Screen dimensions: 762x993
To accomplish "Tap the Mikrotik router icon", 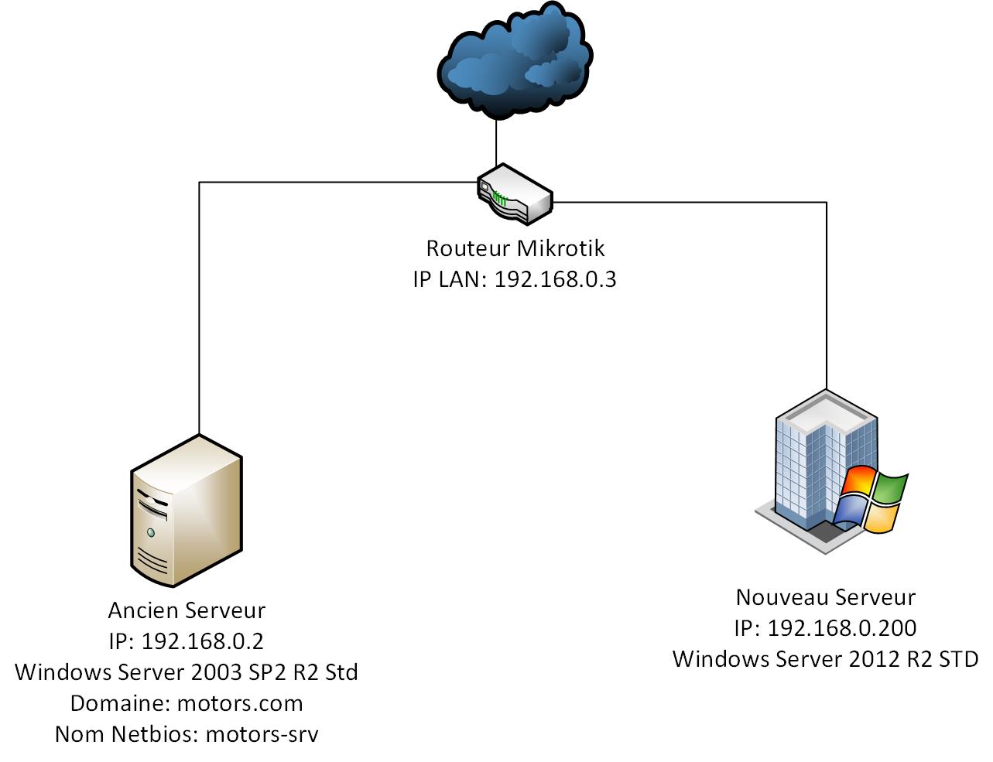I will point(514,193).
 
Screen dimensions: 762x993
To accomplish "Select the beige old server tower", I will point(186,511).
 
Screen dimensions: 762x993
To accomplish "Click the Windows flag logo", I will point(871,500).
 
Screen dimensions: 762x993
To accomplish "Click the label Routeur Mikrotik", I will point(515,248).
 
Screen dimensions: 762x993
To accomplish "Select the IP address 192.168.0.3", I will point(555,279).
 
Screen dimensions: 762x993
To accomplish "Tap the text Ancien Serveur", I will point(187,610).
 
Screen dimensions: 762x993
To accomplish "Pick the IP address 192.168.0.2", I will point(202,641).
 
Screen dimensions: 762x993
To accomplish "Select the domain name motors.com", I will point(240,703).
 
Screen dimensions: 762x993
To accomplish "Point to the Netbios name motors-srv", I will point(262,734).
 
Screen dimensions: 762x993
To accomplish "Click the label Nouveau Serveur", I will point(825,597).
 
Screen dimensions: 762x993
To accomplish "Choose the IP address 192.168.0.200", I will point(841,628).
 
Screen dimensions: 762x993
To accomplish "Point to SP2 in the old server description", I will point(259,672).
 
